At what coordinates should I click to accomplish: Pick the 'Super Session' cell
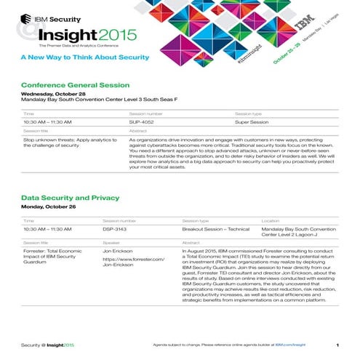point(252,123)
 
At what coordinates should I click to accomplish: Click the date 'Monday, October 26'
point(49,207)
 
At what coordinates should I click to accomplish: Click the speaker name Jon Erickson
point(119,249)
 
